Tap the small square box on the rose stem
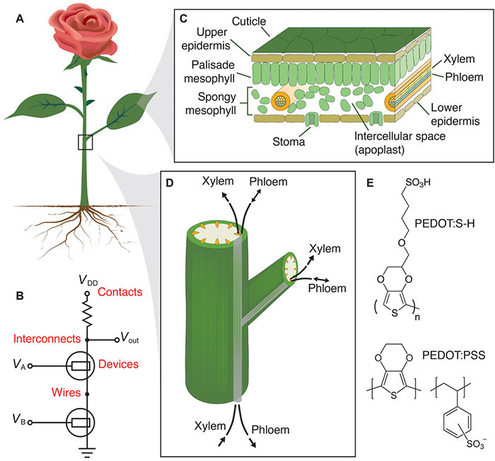(86, 142)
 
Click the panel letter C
(183, 19)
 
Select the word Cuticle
(249, 21)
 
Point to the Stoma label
(289, 142)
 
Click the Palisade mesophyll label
(210, 72)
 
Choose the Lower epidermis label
(455, 115)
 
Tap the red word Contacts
(120, 292)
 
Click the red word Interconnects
(47, 338)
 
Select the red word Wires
(66, 392)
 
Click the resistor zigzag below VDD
(88, 312)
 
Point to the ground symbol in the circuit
(88, 452)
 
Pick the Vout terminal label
(130, 338)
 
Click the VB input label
(19, 420)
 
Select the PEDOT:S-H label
(445, 224)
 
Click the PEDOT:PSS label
(454, 355)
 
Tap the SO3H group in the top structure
(418, 183)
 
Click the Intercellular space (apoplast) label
(400, 143)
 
